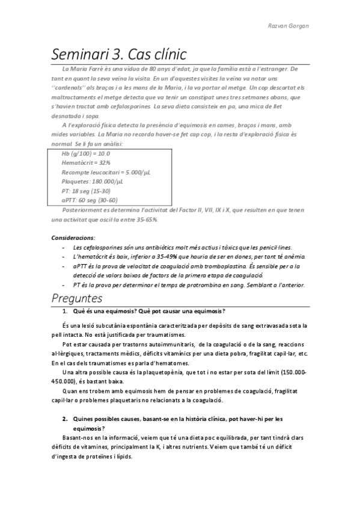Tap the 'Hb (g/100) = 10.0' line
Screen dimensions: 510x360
(x=85, y=153)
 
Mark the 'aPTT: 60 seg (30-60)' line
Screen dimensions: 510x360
(x=90, y=200)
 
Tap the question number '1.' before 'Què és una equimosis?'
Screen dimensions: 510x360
(x=65, y=311)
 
